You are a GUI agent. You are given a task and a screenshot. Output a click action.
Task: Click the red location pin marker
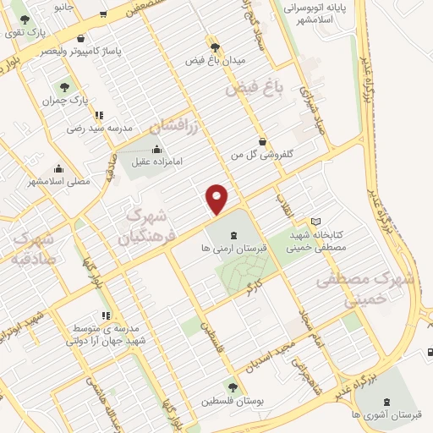(x=217, y=198)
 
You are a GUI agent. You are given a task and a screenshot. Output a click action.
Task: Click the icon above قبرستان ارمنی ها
(x=234, y=233)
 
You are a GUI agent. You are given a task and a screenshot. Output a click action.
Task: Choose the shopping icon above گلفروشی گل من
(x=262, y=141)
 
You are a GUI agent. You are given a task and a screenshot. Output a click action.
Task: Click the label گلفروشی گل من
(x=262, y=156)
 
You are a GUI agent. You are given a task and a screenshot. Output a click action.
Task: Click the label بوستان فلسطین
(x=233, y=402)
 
